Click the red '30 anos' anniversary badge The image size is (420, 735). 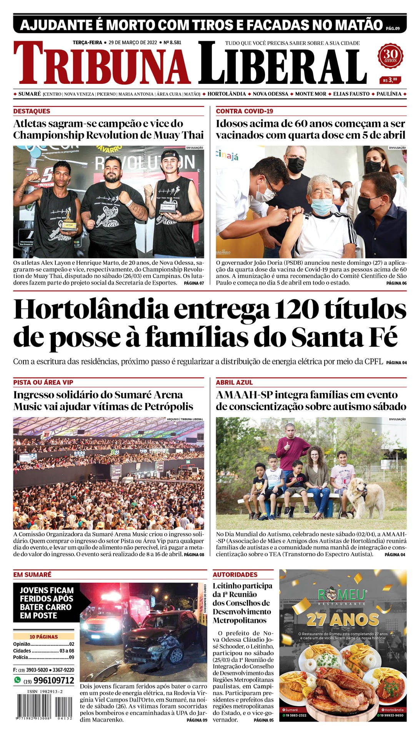390,57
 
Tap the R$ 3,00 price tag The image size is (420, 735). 390,80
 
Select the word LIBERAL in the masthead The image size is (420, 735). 282,63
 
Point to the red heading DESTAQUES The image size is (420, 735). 32,111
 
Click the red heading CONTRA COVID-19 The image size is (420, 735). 244,111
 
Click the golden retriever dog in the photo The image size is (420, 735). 366,497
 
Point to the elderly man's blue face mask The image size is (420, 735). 321,206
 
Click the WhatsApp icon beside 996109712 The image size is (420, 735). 17,680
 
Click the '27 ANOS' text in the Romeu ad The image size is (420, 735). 343,619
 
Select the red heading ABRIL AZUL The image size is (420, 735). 234,382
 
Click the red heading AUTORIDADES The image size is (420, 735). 235,574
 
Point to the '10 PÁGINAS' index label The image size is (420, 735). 43,637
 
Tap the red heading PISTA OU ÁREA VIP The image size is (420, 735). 43,382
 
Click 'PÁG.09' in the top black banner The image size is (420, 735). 393,28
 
